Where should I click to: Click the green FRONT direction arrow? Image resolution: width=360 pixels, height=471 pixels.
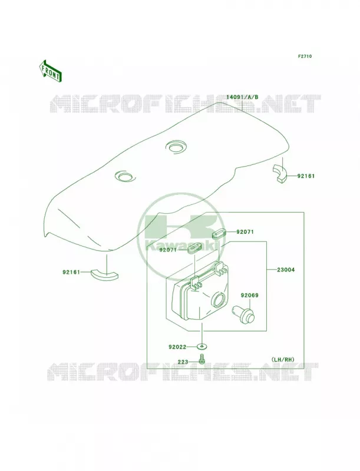[50, 71]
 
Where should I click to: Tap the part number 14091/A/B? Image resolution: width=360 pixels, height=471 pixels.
[242, 97]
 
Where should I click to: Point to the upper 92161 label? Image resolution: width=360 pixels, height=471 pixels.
[306, 176]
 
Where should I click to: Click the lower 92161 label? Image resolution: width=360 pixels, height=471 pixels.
[71, 272]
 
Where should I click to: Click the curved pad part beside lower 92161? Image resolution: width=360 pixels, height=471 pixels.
[104, 274]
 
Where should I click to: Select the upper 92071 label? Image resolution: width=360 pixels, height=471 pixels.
[245, 232]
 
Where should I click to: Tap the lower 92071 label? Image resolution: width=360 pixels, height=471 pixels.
[169, 250]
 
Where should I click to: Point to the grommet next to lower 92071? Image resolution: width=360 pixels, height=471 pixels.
[194, 248]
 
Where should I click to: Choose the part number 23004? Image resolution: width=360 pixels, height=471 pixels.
[286, 270]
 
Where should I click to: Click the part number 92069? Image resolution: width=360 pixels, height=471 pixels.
[249, 296]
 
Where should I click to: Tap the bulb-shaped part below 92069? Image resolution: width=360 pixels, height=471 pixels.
[243, 314]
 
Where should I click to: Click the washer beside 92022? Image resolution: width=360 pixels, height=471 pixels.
[202, 347]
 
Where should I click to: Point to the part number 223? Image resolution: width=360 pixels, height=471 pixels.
[183, 362]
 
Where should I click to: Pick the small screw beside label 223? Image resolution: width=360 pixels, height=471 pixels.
[202, 360]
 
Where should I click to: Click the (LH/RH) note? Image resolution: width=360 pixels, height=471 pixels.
[283, 359]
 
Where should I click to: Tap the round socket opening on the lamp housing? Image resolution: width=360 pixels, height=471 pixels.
[219, 299]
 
